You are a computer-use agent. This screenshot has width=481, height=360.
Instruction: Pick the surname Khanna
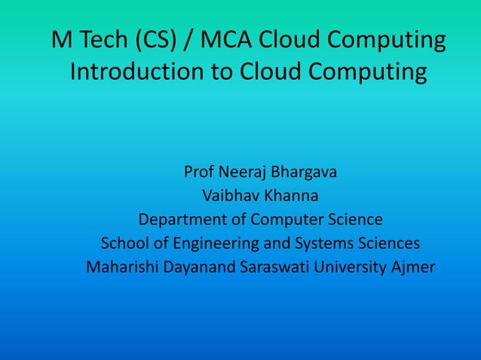291,196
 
